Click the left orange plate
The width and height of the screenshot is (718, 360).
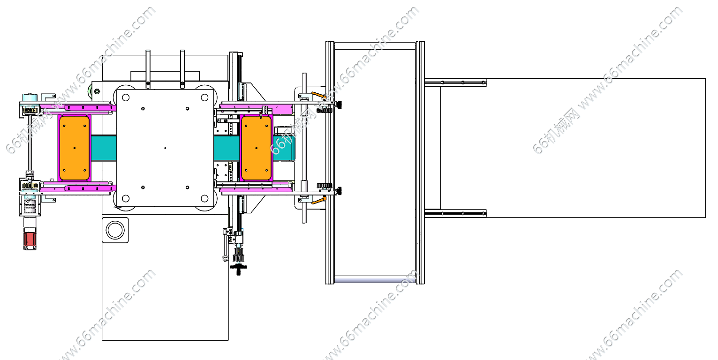point(75,148)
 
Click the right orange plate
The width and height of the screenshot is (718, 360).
point(256,148)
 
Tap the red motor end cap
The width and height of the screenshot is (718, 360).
point(30,240)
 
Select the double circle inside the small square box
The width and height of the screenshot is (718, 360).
point(115,230)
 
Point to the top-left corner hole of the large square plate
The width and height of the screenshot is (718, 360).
point(126,97)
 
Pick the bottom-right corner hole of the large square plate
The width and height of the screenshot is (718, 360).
point(204,199)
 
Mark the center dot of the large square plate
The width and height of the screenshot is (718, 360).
point(165,148)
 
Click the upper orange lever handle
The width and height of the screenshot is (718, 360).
point(318,96)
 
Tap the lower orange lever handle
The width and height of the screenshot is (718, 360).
point(318,201)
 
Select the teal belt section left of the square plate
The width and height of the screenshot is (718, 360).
point(104,148)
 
